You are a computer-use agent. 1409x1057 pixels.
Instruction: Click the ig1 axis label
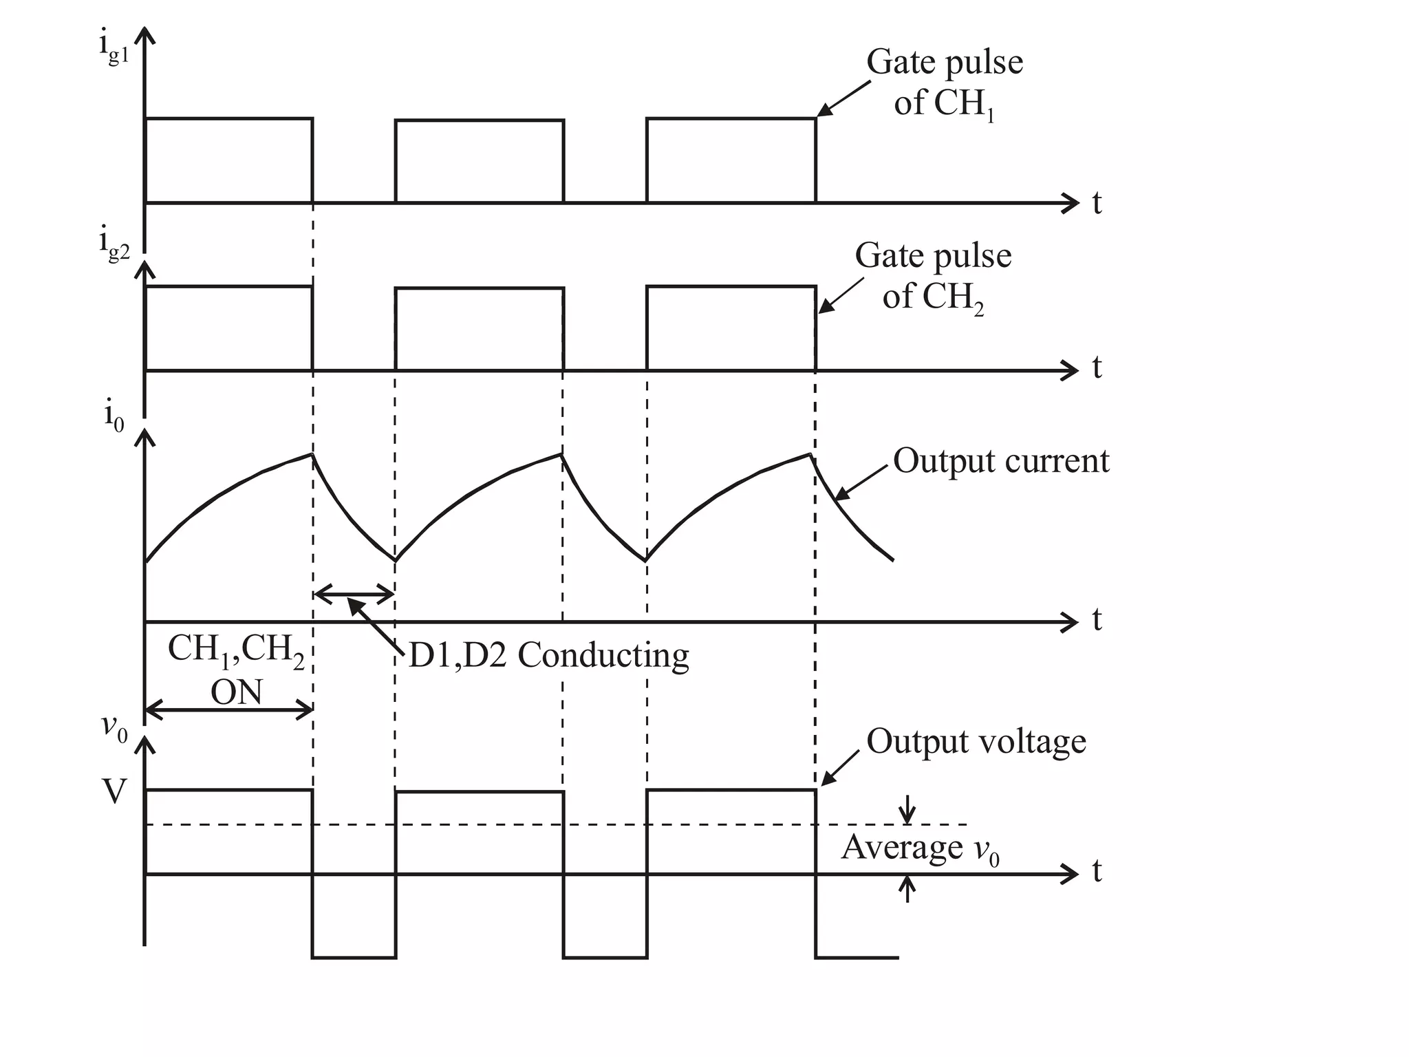[x=114, y=48]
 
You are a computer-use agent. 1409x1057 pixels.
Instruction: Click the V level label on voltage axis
[x=114, y=791]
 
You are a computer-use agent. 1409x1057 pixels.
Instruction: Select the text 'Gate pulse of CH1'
[x=944, y=83]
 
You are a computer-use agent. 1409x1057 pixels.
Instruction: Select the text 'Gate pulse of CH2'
[x=933, y=276]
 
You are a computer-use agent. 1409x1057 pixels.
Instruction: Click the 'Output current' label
[x=1001, y=460]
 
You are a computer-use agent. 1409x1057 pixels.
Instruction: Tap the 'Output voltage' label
[x=976, y=742]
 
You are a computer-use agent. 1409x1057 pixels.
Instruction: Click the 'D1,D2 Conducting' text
[x=548, y=655]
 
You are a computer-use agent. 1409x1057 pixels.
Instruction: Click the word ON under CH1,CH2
[x=236, y=692]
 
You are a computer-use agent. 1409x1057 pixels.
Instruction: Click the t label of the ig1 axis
[x=1097, y=203]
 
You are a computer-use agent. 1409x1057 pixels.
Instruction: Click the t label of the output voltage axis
[x=1097, y=872]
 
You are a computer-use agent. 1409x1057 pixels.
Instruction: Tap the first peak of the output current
[x=312, y=454]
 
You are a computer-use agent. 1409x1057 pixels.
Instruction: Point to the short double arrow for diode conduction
[x=354, y=593]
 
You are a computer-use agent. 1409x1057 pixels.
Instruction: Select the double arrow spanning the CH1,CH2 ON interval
[x=229, y=709]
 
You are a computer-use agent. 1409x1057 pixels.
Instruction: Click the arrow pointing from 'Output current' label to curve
[x=861, y=482]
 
